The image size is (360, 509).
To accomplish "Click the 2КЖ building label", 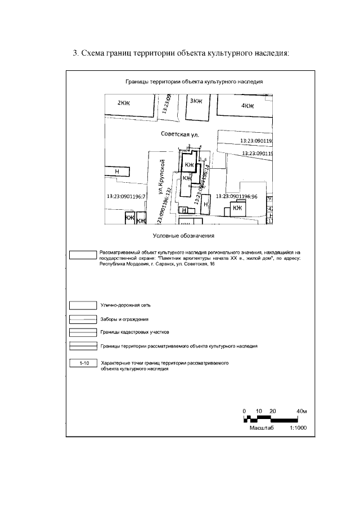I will pos(123,103).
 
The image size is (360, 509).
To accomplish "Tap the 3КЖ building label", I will pos(196,101).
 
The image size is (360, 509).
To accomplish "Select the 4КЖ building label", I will pos(247,105).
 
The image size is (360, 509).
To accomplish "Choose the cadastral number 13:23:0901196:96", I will pos(236,196).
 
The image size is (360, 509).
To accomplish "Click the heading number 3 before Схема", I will pos(75,54).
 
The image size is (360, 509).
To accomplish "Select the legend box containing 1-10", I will pos(83,363).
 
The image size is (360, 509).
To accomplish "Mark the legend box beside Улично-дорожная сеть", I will pos(83,305).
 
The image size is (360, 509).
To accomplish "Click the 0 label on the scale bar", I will pos(245,411).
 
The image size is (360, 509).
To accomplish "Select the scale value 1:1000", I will pos(298,428).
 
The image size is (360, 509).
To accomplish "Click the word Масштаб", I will pos(262,428).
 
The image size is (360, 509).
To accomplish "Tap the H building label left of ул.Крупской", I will pos(117,171).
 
